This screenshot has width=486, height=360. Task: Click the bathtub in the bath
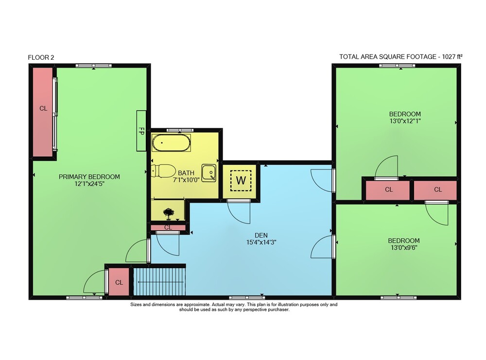click(x=171, y=143)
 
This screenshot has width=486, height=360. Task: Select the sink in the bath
click(x=208, y=173)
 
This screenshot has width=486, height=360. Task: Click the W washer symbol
click(x=241, y=180)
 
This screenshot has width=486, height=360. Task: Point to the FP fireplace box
click(x=141, y=131)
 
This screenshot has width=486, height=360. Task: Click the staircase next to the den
click(x=159, y=282)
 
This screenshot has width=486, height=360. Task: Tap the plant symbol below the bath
click(x=168, y=213)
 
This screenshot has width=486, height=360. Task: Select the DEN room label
click(x=261, y=235)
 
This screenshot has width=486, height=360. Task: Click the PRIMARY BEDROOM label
click(x=89, y=176)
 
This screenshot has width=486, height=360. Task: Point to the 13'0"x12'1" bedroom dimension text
click(x=405, y=121)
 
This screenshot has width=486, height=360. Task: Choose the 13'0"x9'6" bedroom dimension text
click(x=404, y=248)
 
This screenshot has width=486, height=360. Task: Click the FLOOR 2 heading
click(x=41, y=57)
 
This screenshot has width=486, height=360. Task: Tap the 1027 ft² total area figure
click(x=452, y=56)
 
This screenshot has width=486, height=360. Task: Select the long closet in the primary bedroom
click(x=43, y=112)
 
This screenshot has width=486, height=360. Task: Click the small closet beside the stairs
click(x=119, y=282)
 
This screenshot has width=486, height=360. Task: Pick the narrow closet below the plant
click(x=168, y=228)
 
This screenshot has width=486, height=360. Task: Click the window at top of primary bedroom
click(x=94, y=66)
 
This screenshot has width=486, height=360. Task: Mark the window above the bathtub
click(x=180, y=130)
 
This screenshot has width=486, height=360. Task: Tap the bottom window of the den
click(x=247, y=298)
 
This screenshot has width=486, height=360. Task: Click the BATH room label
click(x=186, y=173)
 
